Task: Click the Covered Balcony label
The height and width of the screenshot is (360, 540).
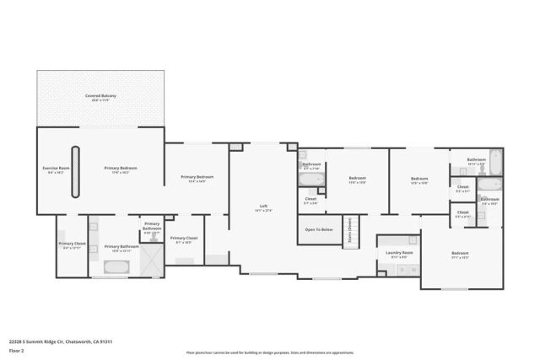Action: click(100, 98)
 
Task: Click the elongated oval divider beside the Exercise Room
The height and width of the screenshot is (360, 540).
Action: click(76, 172)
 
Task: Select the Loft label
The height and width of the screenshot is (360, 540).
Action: click(263, 208)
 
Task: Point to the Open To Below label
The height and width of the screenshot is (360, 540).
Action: click(318, 229)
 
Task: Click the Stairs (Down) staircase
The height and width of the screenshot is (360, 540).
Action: click(350, 230)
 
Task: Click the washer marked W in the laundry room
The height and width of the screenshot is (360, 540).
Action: click(413, 270)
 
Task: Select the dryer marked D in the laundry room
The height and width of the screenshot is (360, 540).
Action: click(402, 270)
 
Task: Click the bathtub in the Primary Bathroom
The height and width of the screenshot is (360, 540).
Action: click(116, 267)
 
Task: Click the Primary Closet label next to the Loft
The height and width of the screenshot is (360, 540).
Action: click(184, 239)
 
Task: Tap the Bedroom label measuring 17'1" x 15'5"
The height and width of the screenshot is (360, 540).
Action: click(460, 255)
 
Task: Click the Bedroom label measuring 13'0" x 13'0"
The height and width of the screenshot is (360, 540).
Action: click(357, 179)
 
